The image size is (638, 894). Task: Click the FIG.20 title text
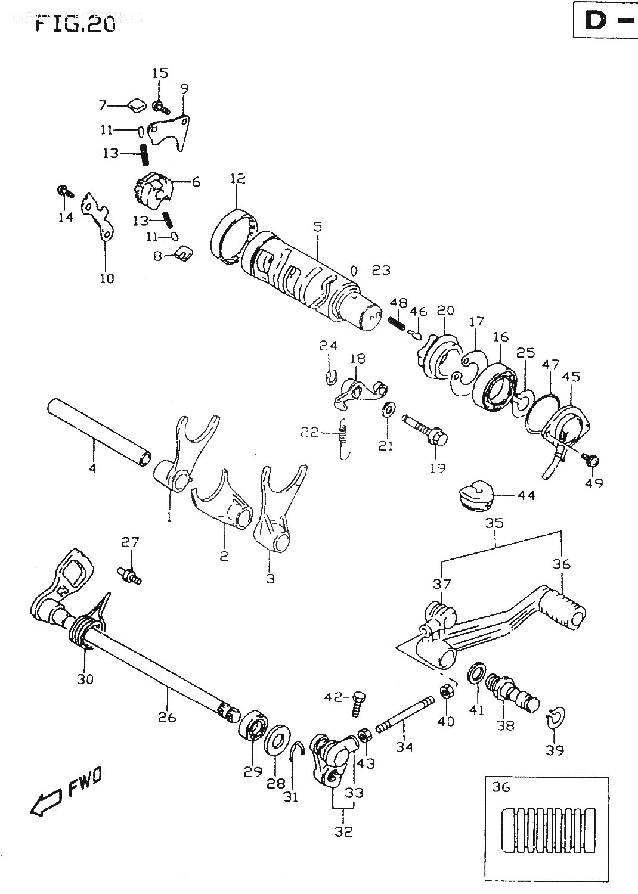[x=75, y=24]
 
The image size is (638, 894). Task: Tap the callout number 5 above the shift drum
[x=317, y=227]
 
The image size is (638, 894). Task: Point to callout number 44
[x=526, y=495]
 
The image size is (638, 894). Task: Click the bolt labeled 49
[x=592, y=461]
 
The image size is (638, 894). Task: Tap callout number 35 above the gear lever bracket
[x=495, y=523]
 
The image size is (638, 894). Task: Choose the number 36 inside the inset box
[x=501, y=787]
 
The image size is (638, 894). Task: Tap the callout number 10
[x=107, y=277]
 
